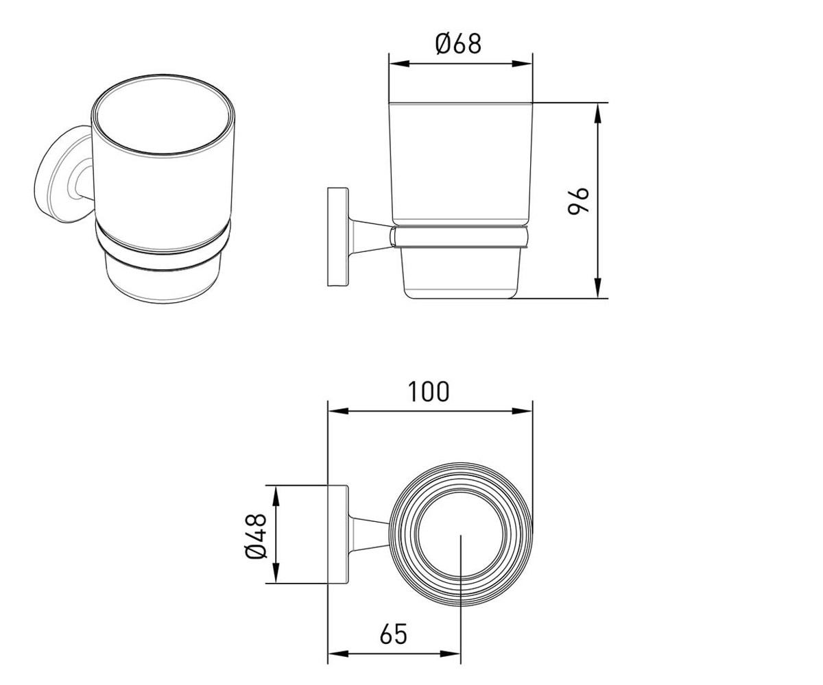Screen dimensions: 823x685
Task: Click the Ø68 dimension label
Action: (458, 44)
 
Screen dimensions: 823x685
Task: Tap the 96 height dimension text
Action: (578, 201)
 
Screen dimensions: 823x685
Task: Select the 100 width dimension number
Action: (429, 391)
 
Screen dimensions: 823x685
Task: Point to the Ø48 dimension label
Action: (256, 536)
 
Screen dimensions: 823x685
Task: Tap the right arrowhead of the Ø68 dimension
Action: (523, 64)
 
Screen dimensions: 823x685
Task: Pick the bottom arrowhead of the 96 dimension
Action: (597, 288)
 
